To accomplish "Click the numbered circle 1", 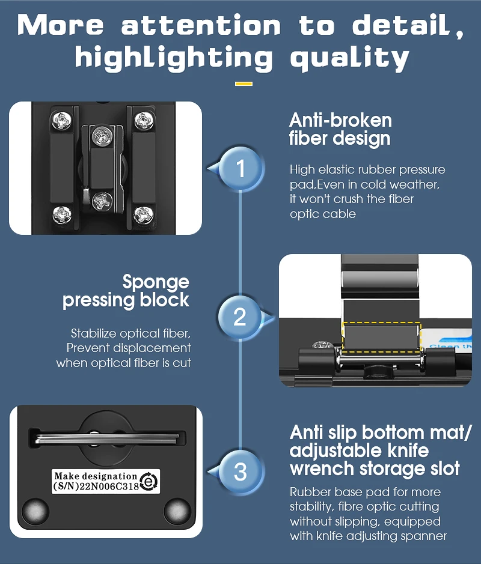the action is point(240,168).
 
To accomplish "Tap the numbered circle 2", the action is point(240,317).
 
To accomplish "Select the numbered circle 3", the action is point(240,472).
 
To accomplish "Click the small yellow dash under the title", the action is point(244,84).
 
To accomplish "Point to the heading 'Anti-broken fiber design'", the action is point(340,129).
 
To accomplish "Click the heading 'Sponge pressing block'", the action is point(126,291).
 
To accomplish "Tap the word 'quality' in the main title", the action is point(349,58).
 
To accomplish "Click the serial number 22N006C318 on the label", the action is point(109,487).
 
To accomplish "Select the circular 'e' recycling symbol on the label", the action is point(149,481).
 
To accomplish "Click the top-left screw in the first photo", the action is point(62,120).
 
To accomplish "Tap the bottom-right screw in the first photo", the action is point(144,215).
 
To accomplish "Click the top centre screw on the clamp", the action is point(102,136).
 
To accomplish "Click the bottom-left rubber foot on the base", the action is point(35,511).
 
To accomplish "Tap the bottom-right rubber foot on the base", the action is point(177,511).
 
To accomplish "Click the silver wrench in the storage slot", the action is point(106,438).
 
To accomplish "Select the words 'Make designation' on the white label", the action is point(96,476).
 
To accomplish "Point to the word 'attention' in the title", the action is point(201,26).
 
